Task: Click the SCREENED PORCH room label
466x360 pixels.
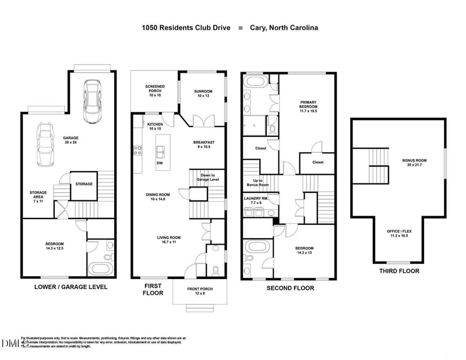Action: click(x=154, y=90)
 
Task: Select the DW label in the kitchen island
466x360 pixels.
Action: click(x=160, y=164)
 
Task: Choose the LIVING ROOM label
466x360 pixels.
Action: click(x=168, y=239)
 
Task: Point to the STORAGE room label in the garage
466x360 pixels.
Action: click(x=83, y=184)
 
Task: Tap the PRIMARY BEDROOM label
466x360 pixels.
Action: click(x=308, y=105)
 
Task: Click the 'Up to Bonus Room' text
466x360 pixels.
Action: click(x=255, y=182)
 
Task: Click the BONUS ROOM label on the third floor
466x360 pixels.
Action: click(x=414, y=163)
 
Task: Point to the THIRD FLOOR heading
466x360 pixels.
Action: click(x=399, y=271)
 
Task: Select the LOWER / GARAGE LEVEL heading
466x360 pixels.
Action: click(x=70, y=287)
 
